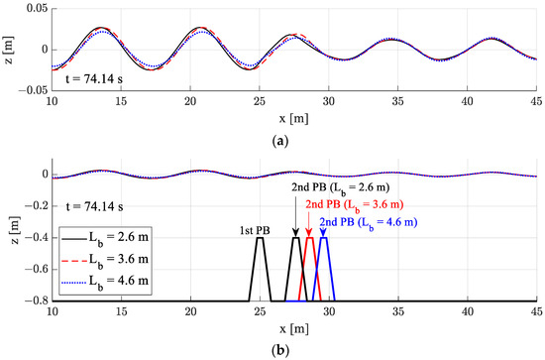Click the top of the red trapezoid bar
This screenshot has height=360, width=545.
click(x=309, y=239)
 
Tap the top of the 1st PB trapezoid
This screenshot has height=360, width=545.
click(x=260, y=239)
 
